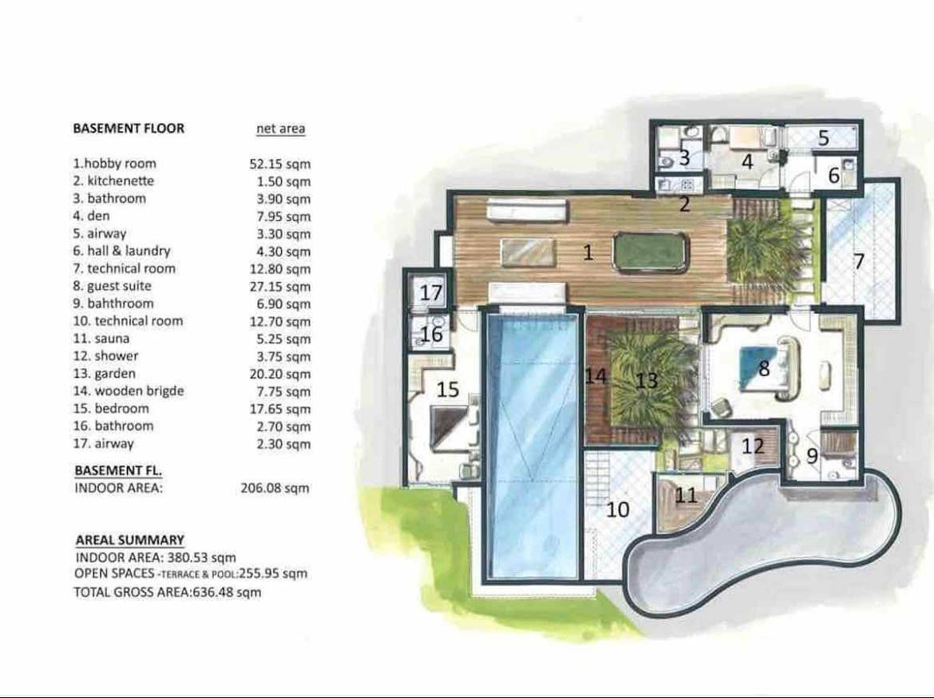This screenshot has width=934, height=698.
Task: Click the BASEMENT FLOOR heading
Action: (129, 128)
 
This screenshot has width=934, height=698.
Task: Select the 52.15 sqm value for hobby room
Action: (279, 165)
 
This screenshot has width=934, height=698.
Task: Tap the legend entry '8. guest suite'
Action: (112, 286)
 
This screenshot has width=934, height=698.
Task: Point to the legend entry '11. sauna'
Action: (101, 339)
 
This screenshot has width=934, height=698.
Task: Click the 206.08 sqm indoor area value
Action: (275, 488)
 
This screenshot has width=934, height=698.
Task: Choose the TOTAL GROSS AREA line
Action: (168, 592)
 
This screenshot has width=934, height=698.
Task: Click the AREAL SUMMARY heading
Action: (130, 540)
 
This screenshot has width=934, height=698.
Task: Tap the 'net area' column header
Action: (280, 129)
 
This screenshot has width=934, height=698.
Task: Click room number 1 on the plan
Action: (588, 253)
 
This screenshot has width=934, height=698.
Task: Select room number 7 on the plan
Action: (859, 261)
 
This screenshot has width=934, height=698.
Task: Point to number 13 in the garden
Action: (647, 380)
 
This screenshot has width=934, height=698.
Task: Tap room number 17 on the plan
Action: (431, 292)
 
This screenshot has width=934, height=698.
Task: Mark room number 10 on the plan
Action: (618, 509)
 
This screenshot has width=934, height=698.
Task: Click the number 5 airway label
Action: (824, 137)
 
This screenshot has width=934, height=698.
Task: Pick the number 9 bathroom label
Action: (813, 456)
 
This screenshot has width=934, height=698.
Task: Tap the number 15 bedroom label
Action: (448, 390)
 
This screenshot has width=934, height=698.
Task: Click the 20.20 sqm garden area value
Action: (279, 374)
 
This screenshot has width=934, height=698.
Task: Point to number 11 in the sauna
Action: (687, 495)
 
